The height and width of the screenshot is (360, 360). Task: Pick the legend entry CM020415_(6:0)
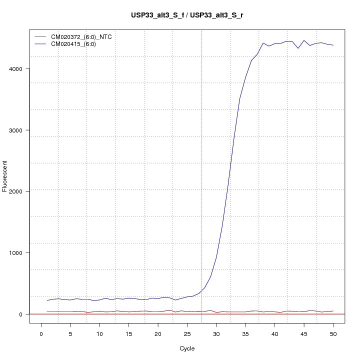[77, 44]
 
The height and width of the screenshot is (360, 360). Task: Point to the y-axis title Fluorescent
[5, 176]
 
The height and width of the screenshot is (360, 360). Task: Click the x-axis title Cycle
[186, 348]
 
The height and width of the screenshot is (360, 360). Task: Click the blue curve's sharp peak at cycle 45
[304, 40]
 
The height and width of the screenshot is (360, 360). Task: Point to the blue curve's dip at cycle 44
[298, 48]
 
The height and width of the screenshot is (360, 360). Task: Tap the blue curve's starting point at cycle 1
[47, 300]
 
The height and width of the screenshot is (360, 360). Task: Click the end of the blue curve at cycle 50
[333, 45]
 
